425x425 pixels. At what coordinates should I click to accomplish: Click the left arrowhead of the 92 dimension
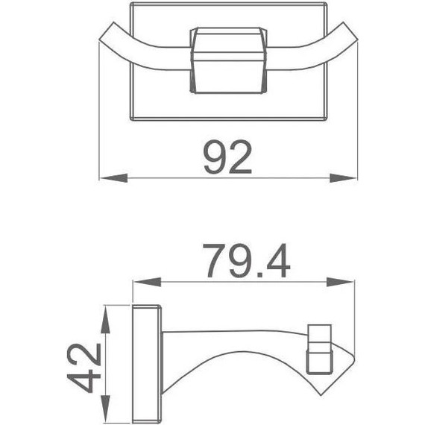tap(112, 177)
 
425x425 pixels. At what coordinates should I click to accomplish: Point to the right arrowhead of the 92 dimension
tap(344, 177)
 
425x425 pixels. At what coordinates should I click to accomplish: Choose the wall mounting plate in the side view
tap(145, 363)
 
